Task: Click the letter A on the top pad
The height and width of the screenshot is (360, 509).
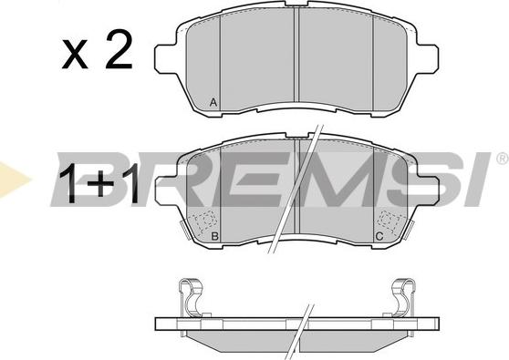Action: coord(213,102)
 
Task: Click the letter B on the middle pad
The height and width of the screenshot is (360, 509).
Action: coord(214,236)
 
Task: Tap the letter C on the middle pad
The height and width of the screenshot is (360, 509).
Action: coord(379,236)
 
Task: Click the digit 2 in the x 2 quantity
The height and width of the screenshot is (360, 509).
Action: coord(119,49)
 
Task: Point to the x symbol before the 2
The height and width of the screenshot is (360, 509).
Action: coord(75,54)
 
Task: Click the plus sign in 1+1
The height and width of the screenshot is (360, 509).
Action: coord(101,183)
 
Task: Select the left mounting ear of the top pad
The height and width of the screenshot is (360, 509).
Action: coord(165,58)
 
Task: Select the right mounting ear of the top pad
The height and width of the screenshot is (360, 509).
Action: coord(427,57)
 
